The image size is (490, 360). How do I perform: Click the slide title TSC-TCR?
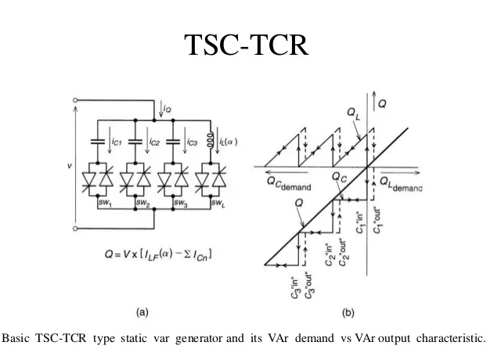(x=245, y=45)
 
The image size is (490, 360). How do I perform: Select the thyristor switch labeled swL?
(x=209, y=182)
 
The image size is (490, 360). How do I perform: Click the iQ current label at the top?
(x=168, y=110)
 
